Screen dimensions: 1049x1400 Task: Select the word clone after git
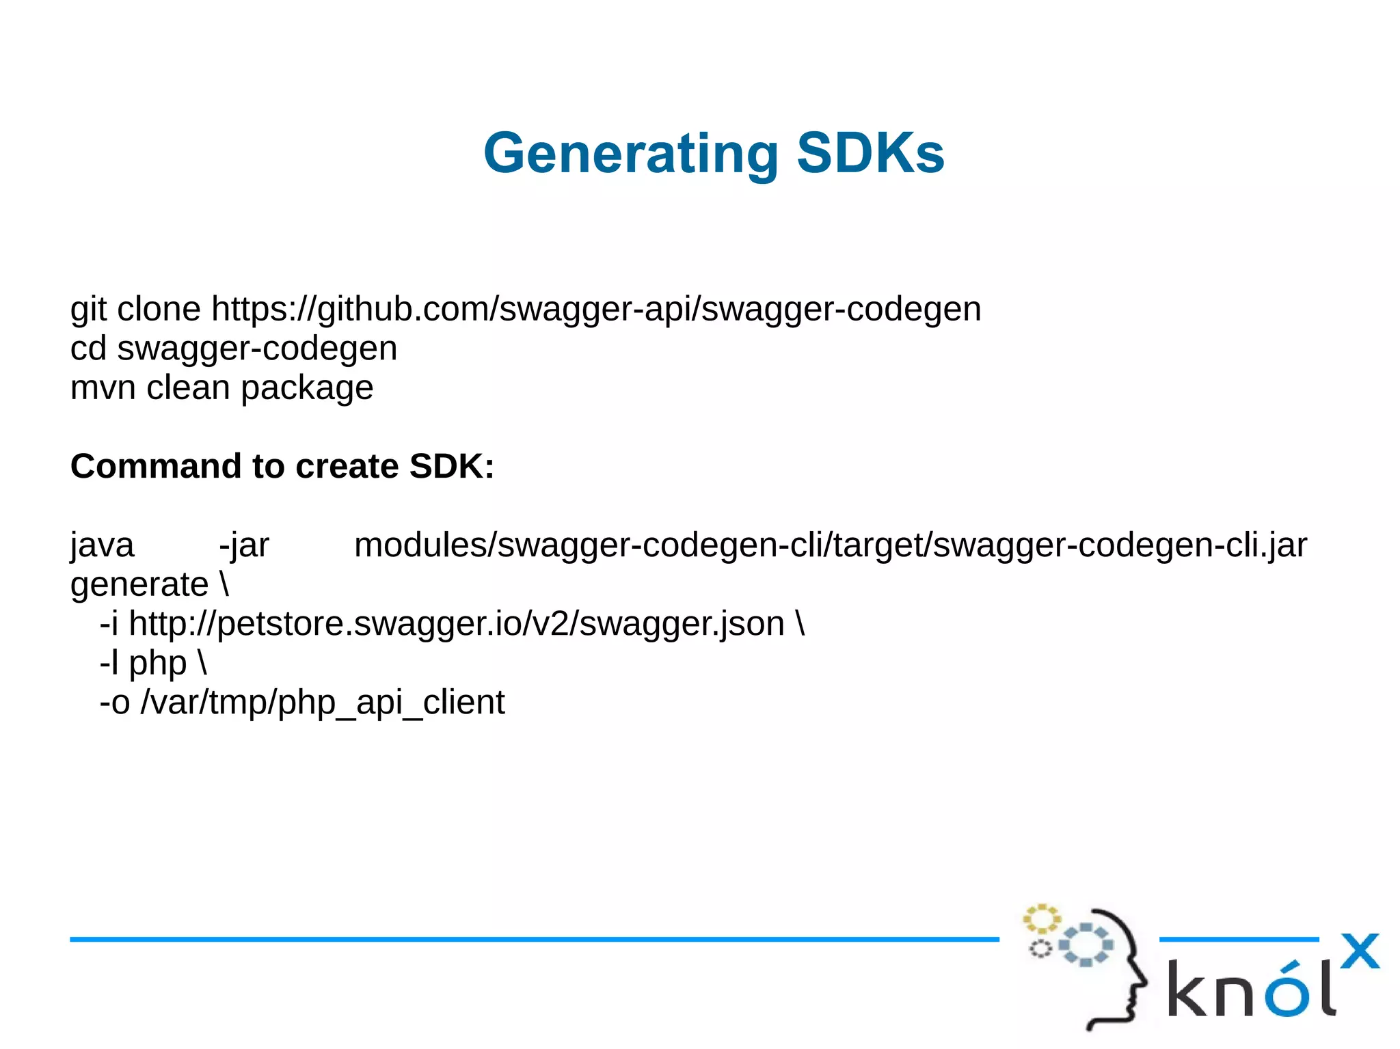pos(159,309)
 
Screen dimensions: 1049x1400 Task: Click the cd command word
pos(88,349)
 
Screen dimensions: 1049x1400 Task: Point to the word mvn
pos(103,388)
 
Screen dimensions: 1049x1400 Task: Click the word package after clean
pos(307,388)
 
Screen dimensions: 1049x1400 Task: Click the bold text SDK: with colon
pos(451,466)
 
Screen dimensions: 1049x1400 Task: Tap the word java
pos(103,545)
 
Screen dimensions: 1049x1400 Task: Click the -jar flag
pos(244,545)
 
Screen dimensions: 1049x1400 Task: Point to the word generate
pos(139,585)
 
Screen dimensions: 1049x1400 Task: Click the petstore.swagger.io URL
pos(456,624)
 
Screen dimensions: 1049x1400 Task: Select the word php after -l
pos(157,664)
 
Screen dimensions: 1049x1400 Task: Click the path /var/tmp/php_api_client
pos(323,703)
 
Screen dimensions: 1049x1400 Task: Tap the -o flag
pos(114,703)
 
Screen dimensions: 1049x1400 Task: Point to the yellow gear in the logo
pos(1041,919)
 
